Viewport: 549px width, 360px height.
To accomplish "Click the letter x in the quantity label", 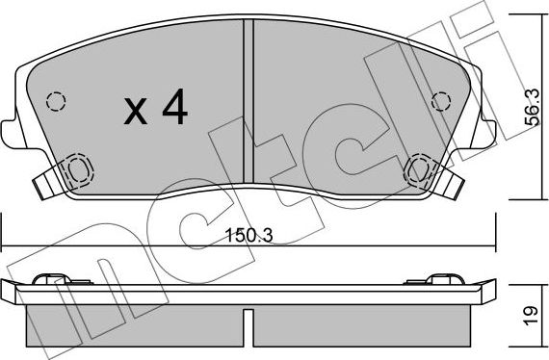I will pos(136,115).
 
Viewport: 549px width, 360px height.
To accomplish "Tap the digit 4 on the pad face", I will pos(174,111).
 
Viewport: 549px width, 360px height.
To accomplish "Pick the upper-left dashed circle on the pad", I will pos(55,101).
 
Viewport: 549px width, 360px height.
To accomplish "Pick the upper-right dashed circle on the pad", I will pos(442,100).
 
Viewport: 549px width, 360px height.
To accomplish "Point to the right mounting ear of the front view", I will pos(488,133).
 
